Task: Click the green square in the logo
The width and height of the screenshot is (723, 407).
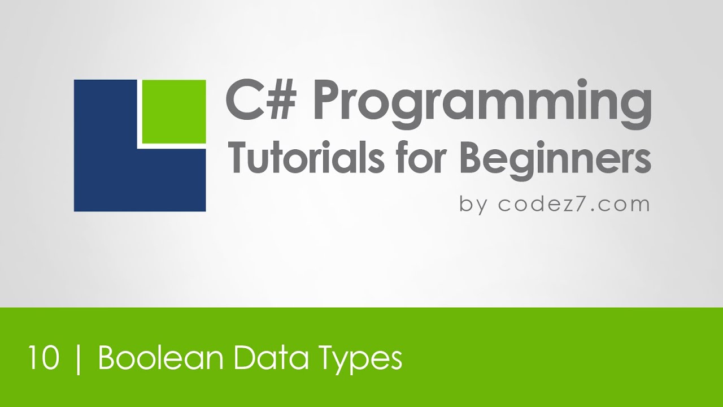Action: click(x=173, y=111)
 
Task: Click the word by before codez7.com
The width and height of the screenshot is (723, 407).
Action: click(x=473, y=204)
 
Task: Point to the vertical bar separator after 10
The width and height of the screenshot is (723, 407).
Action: click(x=78, y=359)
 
